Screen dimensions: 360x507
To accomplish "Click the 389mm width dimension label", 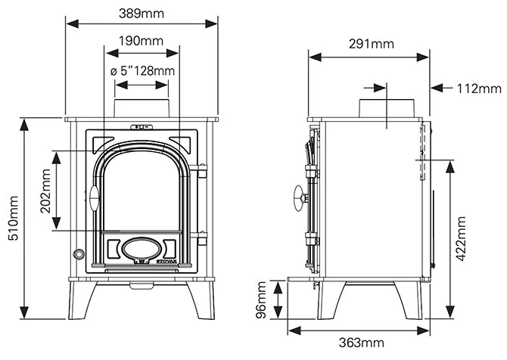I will point(143,14).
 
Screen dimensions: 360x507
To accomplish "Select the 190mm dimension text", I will point(143,41).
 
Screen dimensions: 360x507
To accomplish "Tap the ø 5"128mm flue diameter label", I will point(143,71).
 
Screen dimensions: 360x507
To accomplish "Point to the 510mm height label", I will point(13,219).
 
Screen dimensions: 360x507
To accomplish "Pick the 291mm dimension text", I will point(370,44).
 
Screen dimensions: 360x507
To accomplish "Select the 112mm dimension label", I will point(479,88).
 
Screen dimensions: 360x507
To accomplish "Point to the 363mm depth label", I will point(361,343).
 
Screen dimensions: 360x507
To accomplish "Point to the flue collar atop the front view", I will point(142,108).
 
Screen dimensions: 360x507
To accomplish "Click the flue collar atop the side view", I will point(386,108).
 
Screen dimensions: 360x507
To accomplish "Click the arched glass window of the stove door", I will point(142,189).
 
